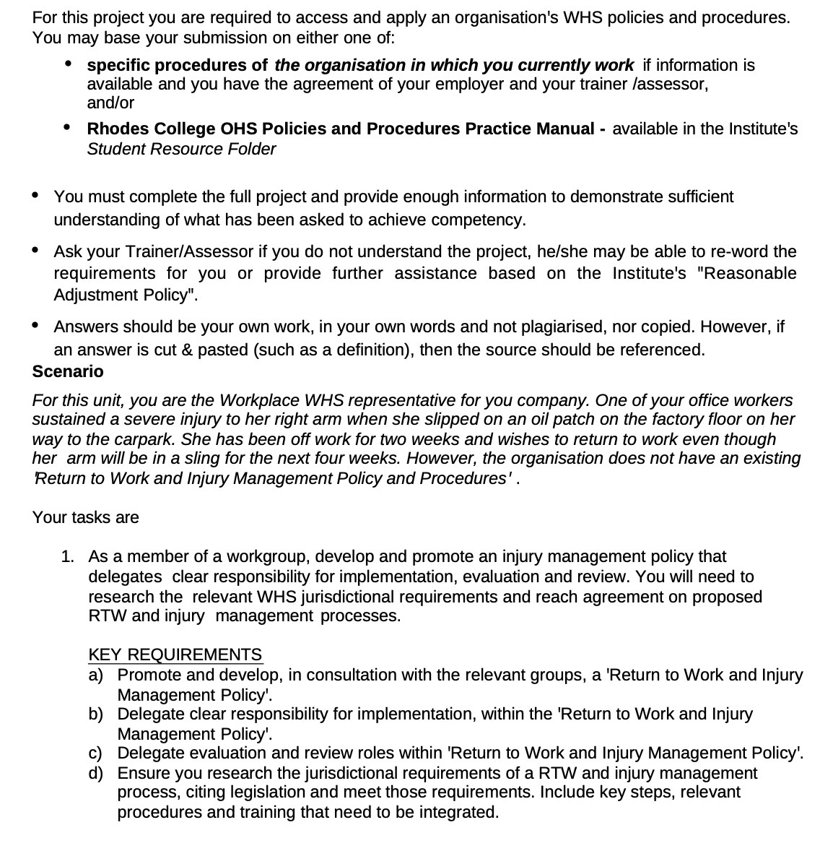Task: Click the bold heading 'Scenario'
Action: pyautogui.click(x=68, y=372)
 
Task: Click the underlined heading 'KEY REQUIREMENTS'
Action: pyautogui.click(x=175, y=655)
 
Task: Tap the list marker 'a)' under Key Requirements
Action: pyautogui.click(x=96, y=675)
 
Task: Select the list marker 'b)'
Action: pyautogui.click(x=96, y=714)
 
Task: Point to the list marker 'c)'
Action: pyautogui.click(x=95, y=753)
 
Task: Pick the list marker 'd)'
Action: pyautogui.click(x=96, y=773)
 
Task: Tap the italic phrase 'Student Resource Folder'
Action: pyautogui.click(x=181, y=150)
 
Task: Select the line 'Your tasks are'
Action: pyautogui.click(x=85, y=518)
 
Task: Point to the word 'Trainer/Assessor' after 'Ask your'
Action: pyautogui.click(x=190, y=252)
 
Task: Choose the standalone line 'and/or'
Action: pyautogui.click(x=110, y=103)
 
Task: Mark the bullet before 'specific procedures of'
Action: pyautogui.click(x=69, y=64)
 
